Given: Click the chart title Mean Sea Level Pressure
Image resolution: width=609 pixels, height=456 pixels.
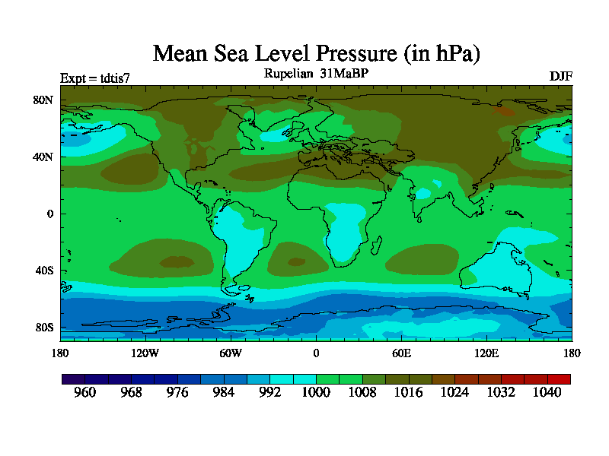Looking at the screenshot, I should pos(317,54).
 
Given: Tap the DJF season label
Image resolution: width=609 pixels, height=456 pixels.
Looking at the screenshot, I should pos(560,77).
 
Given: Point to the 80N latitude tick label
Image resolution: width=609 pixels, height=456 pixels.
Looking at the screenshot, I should pos(42,100).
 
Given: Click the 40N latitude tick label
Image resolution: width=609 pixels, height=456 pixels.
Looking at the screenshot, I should pos(42,157).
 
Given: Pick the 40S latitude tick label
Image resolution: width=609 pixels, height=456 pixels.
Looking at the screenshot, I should pos(43,271).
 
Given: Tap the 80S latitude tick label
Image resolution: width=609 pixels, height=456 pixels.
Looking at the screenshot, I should pos(43,328).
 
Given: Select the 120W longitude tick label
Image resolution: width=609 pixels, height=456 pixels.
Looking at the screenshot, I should pos(145,353).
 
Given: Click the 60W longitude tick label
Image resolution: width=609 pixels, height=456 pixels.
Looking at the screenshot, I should pos(231,353).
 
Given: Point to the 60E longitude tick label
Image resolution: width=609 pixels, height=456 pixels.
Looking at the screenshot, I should pos(401,353).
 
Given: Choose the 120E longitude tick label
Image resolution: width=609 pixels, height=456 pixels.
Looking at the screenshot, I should pos(486,353).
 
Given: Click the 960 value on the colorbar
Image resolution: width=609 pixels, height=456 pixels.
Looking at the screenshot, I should pos(84,392).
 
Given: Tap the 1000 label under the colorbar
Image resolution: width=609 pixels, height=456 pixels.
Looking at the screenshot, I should pos(316,392).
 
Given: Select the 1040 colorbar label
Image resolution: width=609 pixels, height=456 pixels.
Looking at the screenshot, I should pos(547,392).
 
